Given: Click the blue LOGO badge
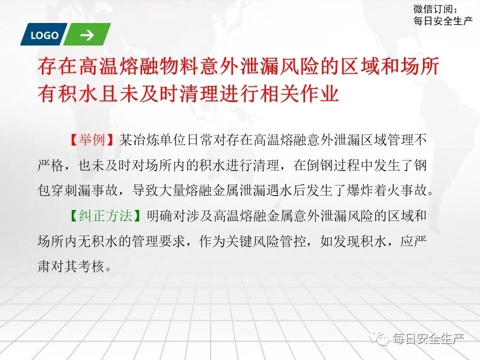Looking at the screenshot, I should click(x=44, y=35).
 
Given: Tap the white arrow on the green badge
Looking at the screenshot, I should click(x=87, y=35).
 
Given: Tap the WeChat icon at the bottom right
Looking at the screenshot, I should click(x=382, y=339).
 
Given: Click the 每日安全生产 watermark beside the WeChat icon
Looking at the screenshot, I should click(x=429, y=339).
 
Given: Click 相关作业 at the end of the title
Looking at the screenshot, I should click(x=307, y=93).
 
